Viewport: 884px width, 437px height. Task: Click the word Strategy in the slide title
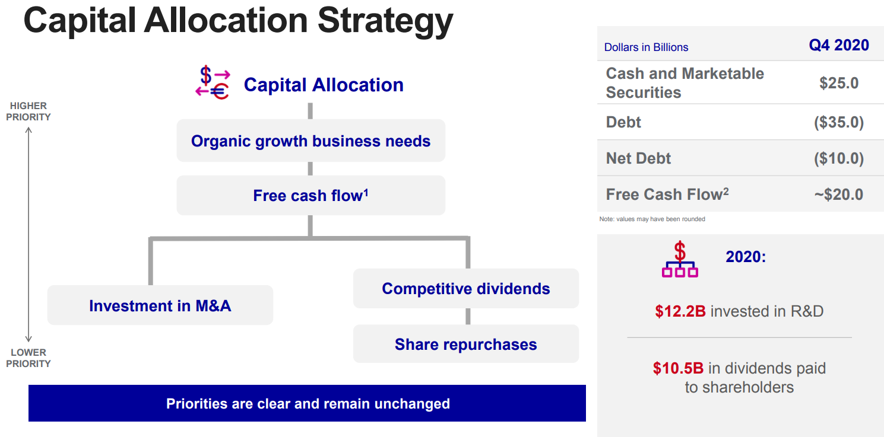[385, 22]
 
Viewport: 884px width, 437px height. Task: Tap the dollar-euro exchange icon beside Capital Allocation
[213, 82]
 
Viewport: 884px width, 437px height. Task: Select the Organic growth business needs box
[311, 141]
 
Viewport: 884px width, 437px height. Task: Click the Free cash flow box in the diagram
[311, 196]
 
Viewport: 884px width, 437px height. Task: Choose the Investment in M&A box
[160, 305]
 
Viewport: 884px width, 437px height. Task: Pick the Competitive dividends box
[466, 288]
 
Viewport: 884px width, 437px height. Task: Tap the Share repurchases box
[466, 344]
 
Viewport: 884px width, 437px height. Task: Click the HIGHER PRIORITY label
[28, 111]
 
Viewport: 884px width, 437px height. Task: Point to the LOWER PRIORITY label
[28, 358]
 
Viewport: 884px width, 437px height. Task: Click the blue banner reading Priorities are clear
[307, 403]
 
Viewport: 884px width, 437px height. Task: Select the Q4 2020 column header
[839, 45]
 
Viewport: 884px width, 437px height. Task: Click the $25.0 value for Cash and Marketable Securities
[839, 83]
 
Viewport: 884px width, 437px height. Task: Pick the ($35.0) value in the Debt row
[839, 122]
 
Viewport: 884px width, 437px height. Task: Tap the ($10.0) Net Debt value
[839, 158]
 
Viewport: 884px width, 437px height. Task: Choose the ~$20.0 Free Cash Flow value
[839, 194]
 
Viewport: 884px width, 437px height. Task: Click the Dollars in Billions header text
[646, 47]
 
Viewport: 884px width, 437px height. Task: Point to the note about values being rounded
[652, 219]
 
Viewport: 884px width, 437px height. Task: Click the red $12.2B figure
[680, 311]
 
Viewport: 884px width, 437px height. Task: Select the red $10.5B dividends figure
[678, 368]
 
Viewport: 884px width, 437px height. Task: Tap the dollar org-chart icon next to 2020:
[680, 259]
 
